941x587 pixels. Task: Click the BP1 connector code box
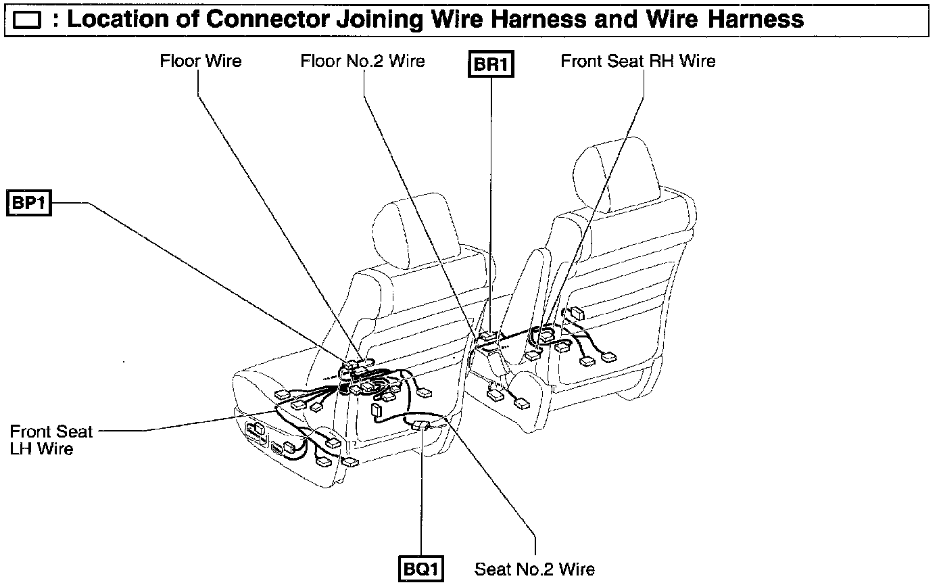click(x=30, y=203)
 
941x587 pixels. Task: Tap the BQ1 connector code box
click(x=421, y=568)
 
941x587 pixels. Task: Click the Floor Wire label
click(x=200, y=61)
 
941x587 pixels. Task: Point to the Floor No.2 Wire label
click(x=362, y=61)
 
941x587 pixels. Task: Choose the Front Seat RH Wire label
click(x=637, y=61)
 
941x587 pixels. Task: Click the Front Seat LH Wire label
click(x=51, y=440)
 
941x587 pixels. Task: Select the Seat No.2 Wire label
click(x=534, y=569)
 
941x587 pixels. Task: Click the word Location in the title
click(x=109, y=19)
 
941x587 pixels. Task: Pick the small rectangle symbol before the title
click(x=26, y=21)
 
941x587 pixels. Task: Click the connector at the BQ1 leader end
click(x=420, y=425)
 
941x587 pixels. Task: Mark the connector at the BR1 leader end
click(x=489, y=335)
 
